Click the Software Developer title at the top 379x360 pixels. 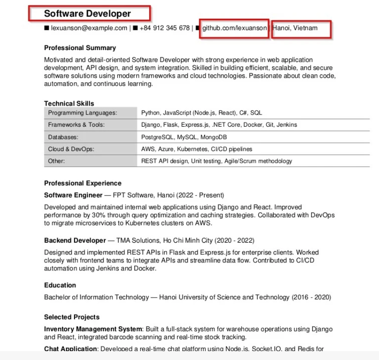point(87,14)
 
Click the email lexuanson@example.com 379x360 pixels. point(89,28)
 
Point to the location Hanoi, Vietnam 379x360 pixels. point(295,28)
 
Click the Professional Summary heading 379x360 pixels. point(80,48)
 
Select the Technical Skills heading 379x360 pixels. point(69,103)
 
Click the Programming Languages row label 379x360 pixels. point(82,113)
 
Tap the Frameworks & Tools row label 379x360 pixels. point(76,125)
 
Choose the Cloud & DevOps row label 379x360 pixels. point(71,149)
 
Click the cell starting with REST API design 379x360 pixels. point(216,161)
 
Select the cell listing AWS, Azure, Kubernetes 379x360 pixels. point(197,149)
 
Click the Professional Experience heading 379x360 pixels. point(83,183)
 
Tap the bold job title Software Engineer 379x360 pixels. point(73,195)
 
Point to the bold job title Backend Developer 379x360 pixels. point(75,240)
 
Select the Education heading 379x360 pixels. point(60,285)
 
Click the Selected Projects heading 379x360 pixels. point(72,317)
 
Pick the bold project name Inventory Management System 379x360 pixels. point(93,329)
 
